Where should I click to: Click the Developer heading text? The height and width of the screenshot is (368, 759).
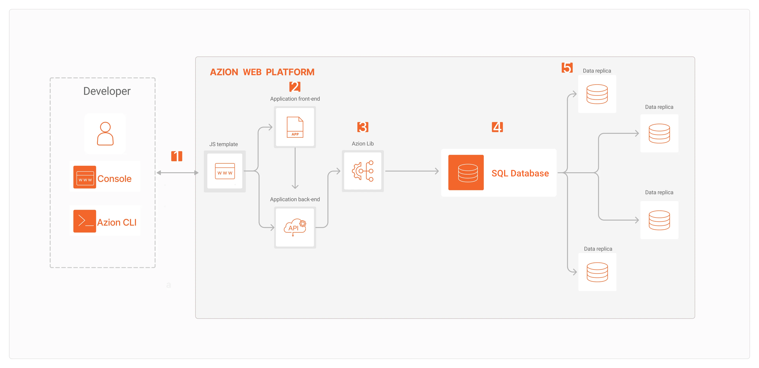(107, 91)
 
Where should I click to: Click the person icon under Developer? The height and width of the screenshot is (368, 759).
(105, 134)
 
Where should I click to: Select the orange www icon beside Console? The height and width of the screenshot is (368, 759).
(85, 177)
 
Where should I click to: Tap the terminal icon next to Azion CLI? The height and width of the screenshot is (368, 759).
(85, 221)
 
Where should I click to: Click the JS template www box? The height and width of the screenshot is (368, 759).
(225, 171)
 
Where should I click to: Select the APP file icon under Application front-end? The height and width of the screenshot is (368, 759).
(295, 127)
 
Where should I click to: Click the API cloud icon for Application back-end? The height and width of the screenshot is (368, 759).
(295, 227)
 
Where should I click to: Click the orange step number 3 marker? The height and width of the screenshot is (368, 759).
(363, 127)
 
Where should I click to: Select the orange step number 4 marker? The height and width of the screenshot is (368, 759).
(497, 127)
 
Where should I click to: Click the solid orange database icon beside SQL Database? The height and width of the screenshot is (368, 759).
(466, 173)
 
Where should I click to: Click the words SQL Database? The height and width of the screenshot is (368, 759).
(520, 173)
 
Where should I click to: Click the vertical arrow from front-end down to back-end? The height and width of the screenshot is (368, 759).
(295, 168)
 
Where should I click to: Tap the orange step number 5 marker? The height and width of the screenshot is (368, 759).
(567, 68)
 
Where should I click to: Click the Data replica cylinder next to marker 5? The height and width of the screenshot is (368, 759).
(597, 94)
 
